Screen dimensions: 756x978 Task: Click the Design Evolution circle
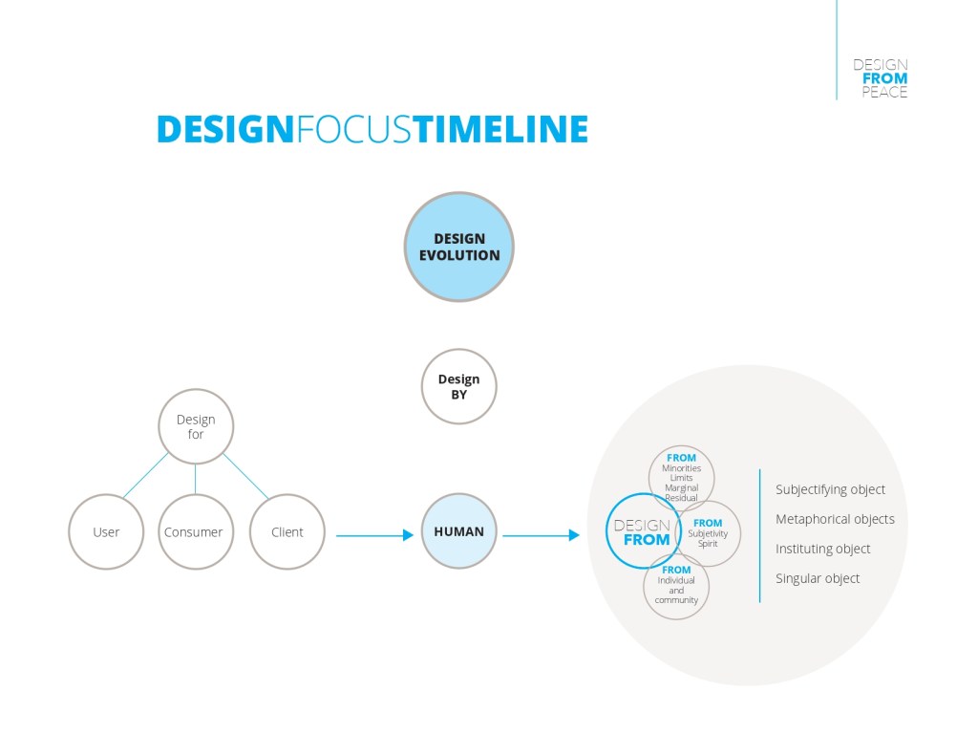click(x=459, y=247)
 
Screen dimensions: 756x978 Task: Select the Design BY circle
click(x=459, y=386)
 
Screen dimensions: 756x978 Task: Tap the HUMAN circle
click(x=459, y=531)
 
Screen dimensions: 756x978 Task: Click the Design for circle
click(x=196, y=426)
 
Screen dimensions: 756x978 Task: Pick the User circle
click(x=106, y=531)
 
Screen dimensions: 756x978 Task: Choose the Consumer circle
click(x=193, y=531)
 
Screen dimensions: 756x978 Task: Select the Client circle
click(x=287, y=531)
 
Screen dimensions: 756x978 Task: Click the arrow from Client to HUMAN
click(x=374, y=535)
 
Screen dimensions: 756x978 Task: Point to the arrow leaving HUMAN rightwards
click(x=541, y=535)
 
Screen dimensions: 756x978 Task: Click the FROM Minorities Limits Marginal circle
click(x=682, y=475)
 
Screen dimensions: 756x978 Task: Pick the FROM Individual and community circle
click(x=676, y=586)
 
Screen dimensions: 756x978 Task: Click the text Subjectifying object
click(x=830, y=489)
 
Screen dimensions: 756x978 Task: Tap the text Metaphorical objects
click(x=835, y=519)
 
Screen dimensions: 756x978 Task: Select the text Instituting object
click(x=822, y=549)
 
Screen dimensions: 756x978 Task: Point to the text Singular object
click(x=818, y=578)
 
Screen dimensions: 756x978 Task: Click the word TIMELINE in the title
click(x=500, y=129)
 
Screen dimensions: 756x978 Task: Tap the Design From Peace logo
click(x=881, y=78)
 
